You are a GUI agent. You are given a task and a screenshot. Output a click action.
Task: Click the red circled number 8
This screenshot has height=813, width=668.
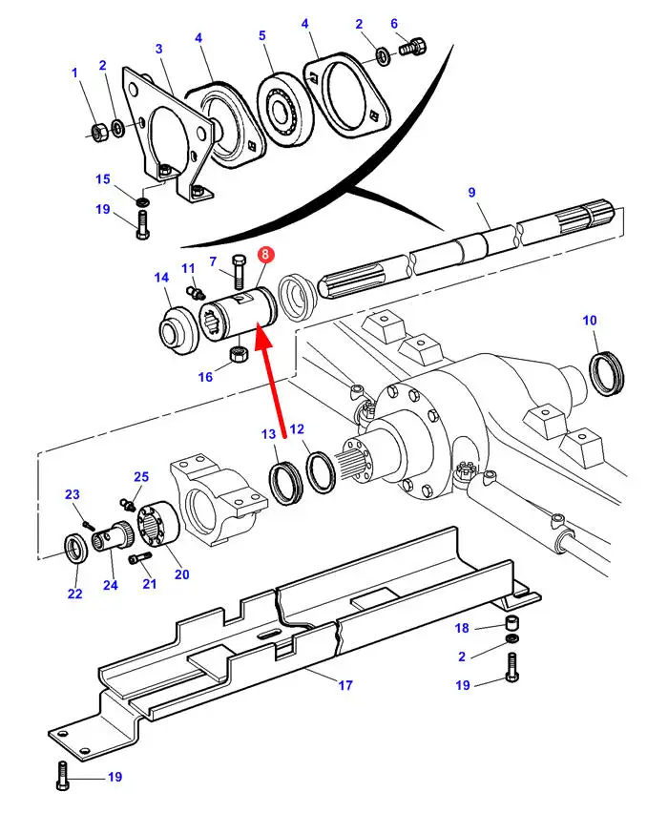265,254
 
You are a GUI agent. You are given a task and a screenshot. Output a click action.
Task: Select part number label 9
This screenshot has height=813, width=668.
471,193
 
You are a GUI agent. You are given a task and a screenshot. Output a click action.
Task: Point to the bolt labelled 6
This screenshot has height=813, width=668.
413,46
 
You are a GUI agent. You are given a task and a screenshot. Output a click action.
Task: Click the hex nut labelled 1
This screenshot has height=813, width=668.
98,134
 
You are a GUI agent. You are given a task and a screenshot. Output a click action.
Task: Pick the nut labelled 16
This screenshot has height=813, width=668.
239,355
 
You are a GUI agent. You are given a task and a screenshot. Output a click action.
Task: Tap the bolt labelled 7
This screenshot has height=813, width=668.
239,272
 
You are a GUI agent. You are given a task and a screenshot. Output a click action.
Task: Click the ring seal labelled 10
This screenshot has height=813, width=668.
607,373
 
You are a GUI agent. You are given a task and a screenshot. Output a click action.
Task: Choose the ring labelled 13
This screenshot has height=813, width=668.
285,482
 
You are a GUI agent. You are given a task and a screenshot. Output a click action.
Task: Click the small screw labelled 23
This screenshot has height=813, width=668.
89,525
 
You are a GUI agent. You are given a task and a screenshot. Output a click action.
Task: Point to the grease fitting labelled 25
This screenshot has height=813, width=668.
127,503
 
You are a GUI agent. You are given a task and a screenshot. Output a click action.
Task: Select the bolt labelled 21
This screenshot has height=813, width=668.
139,557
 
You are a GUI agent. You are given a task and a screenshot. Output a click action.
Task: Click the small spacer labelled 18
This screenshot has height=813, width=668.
512,621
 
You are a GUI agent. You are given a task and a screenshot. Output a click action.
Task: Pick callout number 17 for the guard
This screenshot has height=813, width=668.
345,685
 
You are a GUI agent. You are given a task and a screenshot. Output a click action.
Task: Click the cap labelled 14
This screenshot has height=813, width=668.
177,330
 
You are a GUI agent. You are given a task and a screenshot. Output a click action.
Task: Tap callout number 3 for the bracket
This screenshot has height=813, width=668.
158,49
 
